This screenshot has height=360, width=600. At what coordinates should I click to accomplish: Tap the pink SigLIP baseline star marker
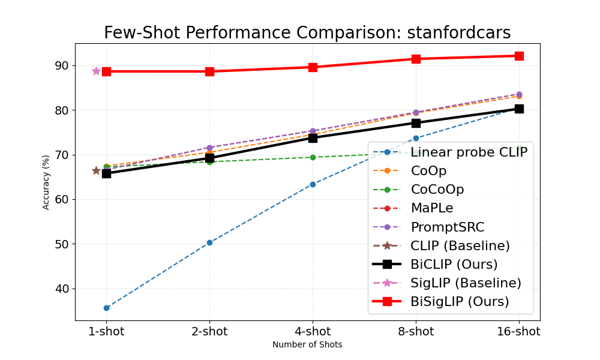96,71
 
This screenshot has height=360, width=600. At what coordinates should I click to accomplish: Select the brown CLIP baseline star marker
96,170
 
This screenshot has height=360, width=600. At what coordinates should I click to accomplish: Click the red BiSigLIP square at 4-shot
313,67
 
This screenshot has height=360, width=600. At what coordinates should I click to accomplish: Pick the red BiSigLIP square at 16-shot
519,56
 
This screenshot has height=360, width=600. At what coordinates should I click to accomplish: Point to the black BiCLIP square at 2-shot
209,158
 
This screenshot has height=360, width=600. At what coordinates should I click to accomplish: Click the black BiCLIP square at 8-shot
416,123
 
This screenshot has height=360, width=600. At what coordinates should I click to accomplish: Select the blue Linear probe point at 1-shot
106,308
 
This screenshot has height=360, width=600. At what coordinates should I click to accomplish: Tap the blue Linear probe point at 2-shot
209,242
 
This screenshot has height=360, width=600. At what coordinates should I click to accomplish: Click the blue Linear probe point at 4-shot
313,184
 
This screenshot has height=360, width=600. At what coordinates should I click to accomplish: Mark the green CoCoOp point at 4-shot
313,157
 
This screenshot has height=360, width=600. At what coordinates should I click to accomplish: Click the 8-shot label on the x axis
416,332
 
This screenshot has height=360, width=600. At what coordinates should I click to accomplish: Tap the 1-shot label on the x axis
106,332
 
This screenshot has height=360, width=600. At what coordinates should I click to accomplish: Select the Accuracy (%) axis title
46,182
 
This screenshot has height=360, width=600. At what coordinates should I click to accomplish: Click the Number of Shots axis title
307,345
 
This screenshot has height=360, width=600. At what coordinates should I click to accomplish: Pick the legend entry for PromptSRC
448,227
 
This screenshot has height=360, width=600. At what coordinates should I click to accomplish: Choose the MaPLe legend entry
432,208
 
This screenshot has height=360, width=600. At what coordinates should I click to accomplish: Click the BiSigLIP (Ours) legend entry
460,301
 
